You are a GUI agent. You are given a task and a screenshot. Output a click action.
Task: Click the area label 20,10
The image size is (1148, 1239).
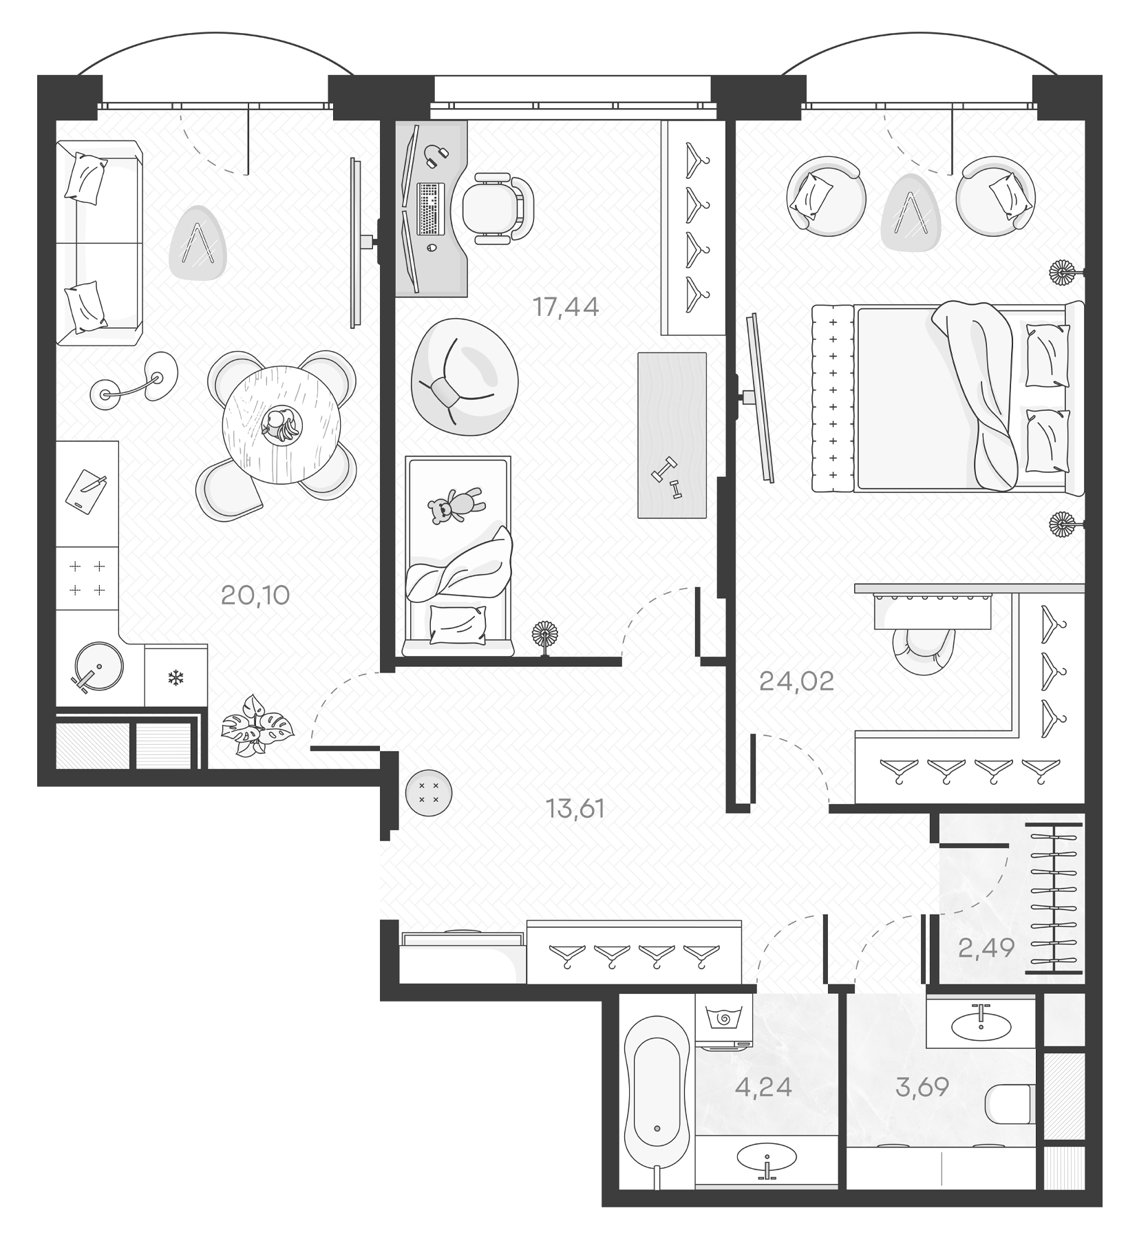[x=255, y=595]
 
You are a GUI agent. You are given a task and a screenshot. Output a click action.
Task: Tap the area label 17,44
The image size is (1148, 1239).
[x=566, y=307]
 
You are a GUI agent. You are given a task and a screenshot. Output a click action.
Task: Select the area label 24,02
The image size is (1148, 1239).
[x=796, y=681]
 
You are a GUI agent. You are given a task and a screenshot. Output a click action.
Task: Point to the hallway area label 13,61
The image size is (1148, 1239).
[x=575, y=809]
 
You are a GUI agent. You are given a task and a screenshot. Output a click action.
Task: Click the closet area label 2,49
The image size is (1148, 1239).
[x=986, y=949]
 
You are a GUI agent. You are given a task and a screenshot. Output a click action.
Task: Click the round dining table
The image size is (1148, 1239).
[x=281, y=425]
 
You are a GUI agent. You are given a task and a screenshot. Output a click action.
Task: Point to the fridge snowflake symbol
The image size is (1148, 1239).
[x=176, y=679]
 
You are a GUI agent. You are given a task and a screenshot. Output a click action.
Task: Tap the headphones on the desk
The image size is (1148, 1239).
[x=436, y=156]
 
